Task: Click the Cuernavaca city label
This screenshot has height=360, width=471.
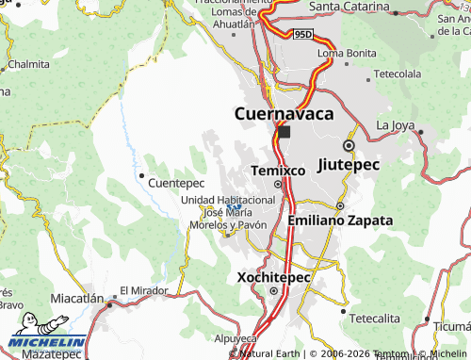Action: click(284, 114)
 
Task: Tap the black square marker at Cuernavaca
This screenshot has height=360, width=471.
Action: click(284, 133)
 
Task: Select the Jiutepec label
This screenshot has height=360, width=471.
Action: click(349, 164)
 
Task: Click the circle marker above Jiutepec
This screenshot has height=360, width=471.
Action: click(349, 147)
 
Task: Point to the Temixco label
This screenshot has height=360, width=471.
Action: click(278, 171)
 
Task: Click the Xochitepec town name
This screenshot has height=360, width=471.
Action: click(273, 280)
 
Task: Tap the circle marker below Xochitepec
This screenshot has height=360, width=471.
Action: click(274, 291)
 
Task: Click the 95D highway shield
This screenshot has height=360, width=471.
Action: click(301, 35)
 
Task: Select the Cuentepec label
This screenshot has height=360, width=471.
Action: click(176, 182)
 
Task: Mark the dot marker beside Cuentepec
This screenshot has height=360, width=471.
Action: click(141, 175)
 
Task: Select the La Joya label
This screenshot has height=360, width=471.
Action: click(395, 125)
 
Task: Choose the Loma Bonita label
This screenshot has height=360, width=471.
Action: click(341, 53)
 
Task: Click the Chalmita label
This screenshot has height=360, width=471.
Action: click(28, 65)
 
